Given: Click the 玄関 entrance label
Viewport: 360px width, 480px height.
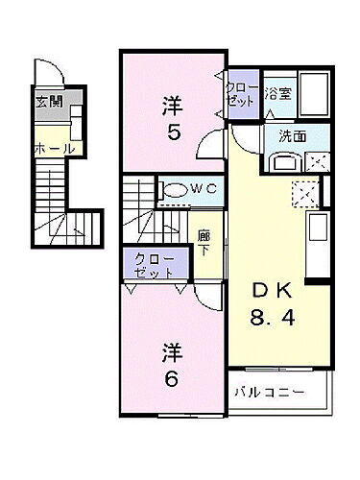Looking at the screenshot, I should [x=49, y=102].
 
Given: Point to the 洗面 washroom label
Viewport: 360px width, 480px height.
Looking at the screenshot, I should [x=293, y=136].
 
